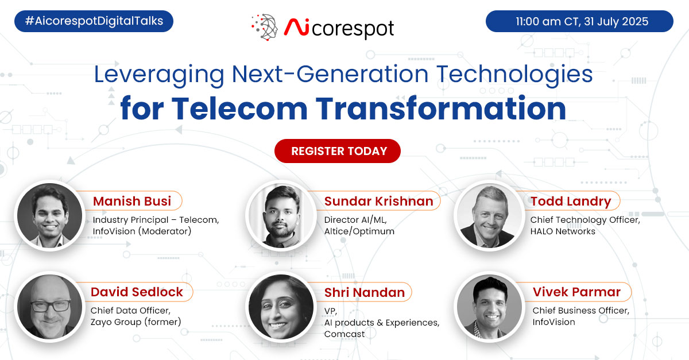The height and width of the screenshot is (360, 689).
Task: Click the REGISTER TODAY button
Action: (x=338, y=152)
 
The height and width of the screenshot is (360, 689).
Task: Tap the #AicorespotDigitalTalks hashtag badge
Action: (x=94, y=22)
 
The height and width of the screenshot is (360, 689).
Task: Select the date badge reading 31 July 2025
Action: (x=579, y=22)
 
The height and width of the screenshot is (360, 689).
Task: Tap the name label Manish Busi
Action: (x=133, y=201)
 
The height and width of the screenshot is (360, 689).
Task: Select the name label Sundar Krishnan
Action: (x=378, y=201)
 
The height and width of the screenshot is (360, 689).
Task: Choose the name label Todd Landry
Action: (x=571, y=201)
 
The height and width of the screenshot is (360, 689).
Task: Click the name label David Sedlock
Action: (x=137, y=292)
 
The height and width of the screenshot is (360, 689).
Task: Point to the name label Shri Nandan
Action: (x=365, y=292)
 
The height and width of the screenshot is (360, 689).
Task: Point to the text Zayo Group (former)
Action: (x=136, y=322)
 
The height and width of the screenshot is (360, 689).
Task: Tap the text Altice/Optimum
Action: (x=359, y=231)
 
